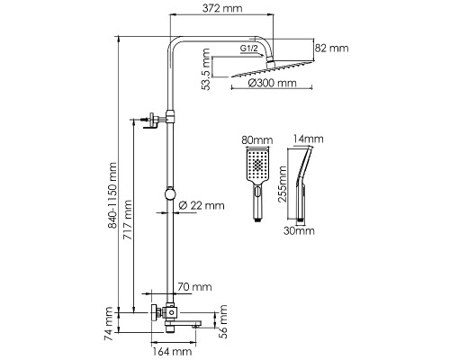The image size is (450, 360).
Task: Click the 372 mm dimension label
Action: [222, 8]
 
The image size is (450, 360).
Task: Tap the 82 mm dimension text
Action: [332, 49]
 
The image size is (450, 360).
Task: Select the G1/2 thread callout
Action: [248, 49]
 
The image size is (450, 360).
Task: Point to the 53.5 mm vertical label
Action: [206, 69]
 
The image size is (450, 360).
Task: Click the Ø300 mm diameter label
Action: [273, 83]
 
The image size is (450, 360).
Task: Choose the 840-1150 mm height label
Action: [112, 195]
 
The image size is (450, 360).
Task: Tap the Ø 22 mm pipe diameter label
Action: [202, 205]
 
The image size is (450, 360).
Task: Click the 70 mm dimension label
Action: [194, 287]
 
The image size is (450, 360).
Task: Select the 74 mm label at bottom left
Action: [108, 323]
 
